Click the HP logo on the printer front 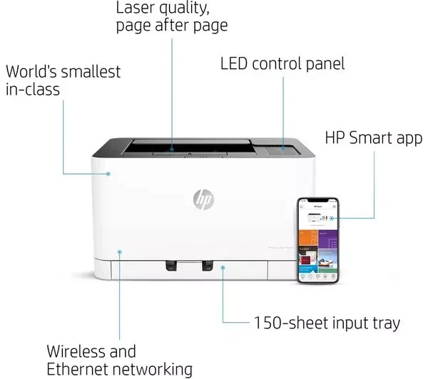(203, 201)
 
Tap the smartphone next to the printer (317, 241)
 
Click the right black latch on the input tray (208, 265)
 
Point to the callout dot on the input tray (223, 268)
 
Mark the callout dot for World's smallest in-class (108, 173)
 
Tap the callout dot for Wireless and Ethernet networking (120, 251)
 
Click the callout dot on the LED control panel (283, 148)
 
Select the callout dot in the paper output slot (173, 150)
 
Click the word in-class (33, 90)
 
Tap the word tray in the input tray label (384, 323)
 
